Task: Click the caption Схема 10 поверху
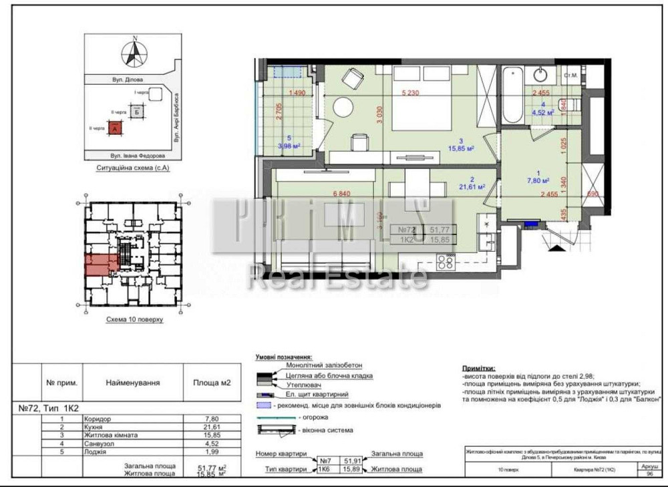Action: (x=134, y=320)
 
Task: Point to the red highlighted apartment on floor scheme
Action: (x=100, y=265)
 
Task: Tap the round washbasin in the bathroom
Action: (x=540, y=75)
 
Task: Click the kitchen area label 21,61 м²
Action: (x=472, y=188)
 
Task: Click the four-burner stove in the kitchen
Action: (x=446, y=262)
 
